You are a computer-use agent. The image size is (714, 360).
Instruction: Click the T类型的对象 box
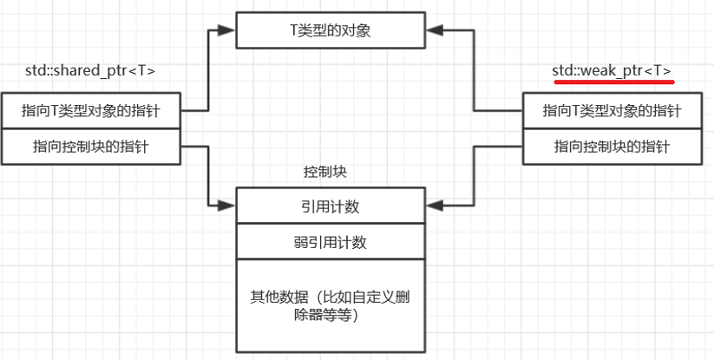[x=331, y=31]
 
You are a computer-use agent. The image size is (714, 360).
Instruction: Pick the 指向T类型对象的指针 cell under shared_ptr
[x=90, y=111]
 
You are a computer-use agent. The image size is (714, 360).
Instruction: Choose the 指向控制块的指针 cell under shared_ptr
[x=90, y=147]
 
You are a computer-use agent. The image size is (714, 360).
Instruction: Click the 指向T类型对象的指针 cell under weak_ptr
[x=612, y=111]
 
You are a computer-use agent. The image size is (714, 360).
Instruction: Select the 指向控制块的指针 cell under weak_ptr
[x=612, y=147]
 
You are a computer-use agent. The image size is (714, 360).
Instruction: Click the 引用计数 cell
[x=331, y=206]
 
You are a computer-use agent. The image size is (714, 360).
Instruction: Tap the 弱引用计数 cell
[x=331, y=242]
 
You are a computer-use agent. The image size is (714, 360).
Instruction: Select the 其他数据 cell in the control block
[x=331, y=308]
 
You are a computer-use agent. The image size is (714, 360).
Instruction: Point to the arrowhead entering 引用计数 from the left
[x=227, y=206]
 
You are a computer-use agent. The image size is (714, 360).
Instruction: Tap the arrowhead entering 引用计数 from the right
[x=435, y=206]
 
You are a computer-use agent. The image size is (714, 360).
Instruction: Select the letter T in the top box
[x=293, y=31]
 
